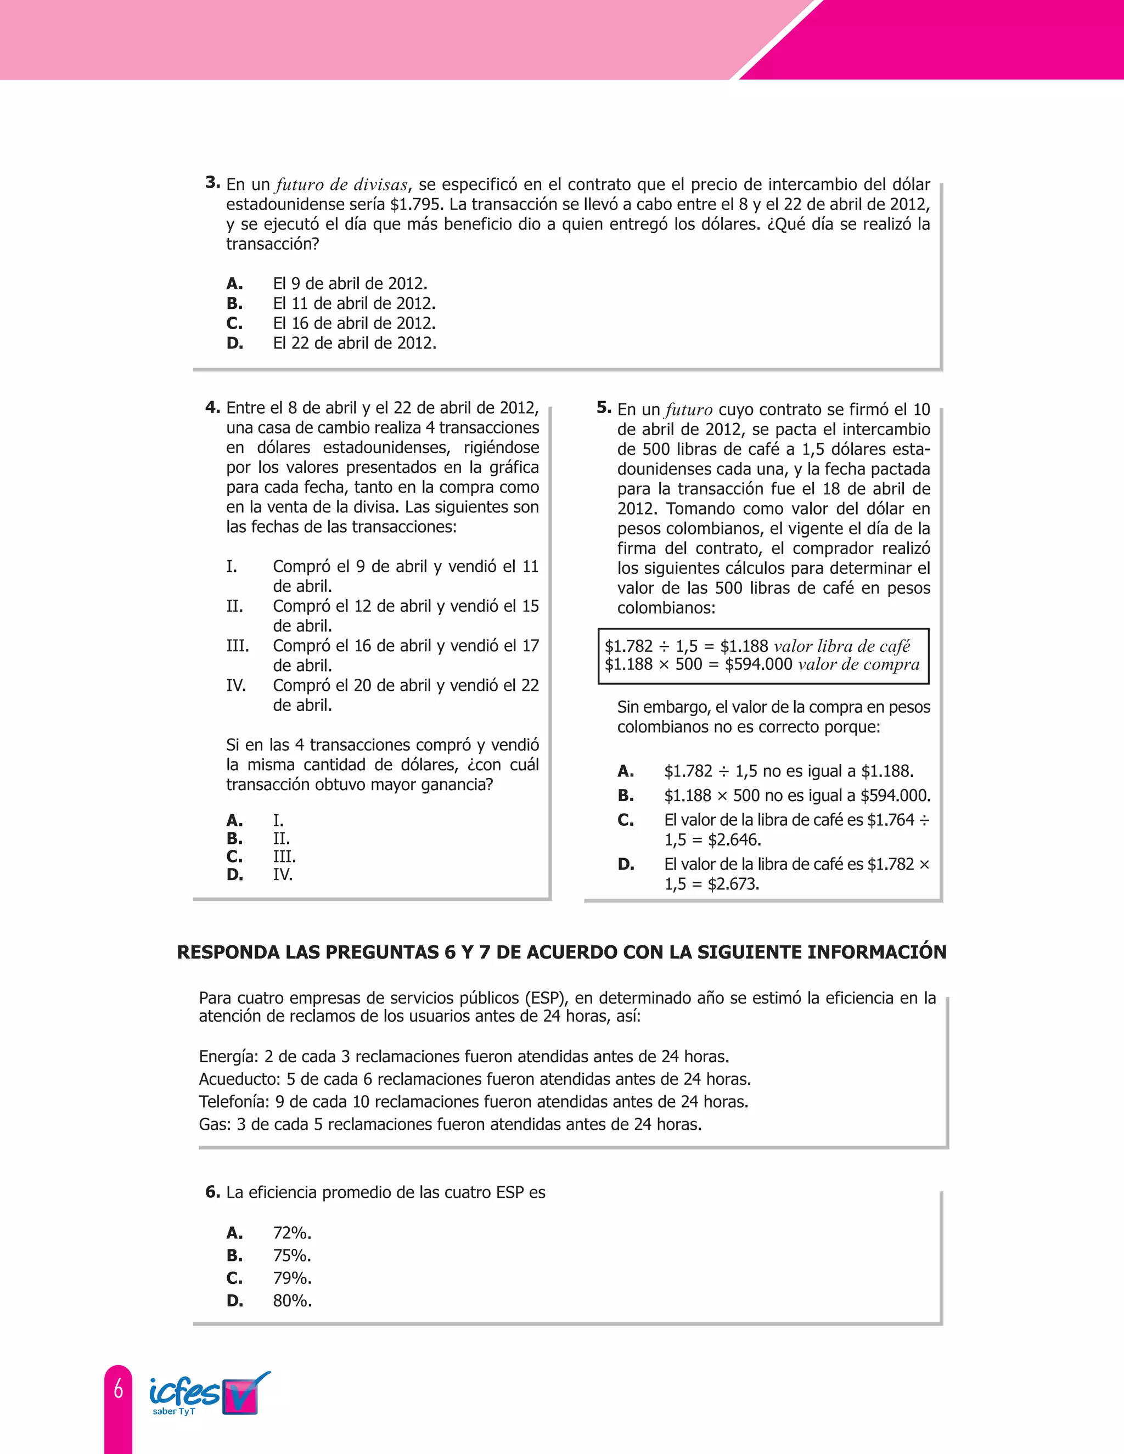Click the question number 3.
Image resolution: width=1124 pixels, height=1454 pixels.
212,182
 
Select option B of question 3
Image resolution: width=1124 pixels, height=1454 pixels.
234,303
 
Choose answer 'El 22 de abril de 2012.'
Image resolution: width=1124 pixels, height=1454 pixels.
354,343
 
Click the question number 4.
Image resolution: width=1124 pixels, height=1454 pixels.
212,407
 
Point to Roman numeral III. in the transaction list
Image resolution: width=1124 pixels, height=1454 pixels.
237,646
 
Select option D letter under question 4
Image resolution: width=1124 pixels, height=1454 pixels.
234,874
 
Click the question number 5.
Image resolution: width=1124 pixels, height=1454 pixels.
603,408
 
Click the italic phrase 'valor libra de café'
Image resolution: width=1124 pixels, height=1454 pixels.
842,646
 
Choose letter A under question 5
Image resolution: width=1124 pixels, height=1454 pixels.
625,771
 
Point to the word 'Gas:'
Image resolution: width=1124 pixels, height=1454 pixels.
215,1124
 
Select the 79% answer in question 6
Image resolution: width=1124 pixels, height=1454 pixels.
291,1278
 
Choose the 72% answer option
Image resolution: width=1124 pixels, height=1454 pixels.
291,1233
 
